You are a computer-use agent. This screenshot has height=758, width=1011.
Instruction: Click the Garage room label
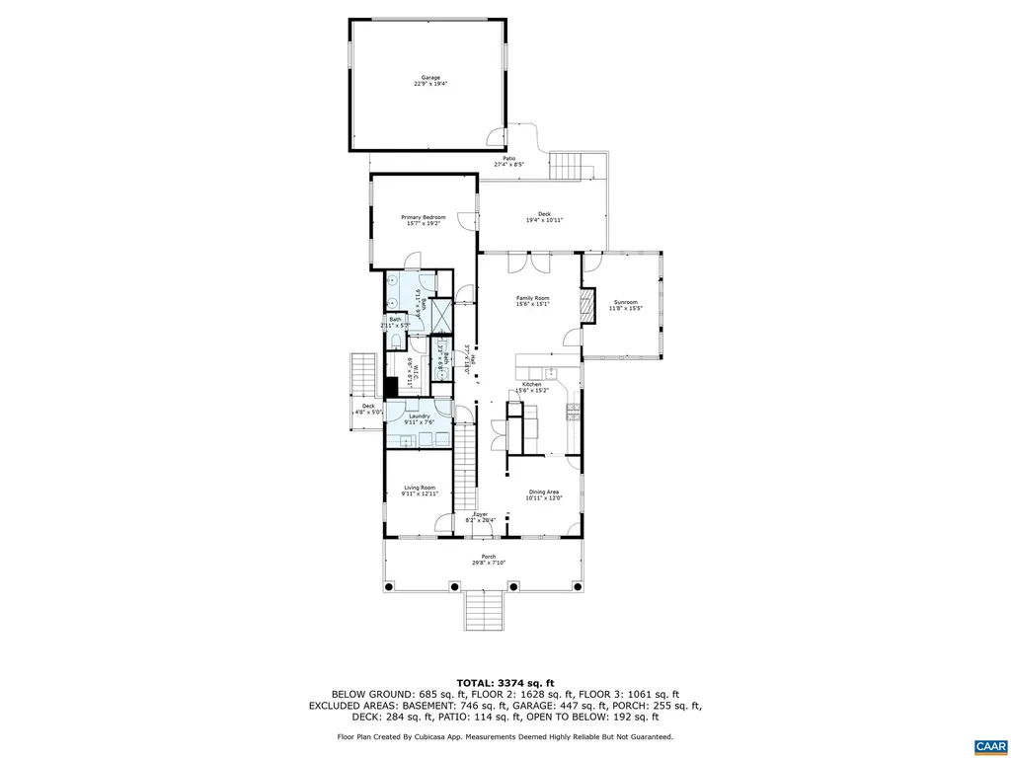coord(430,77)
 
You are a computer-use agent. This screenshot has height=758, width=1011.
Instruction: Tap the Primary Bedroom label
coord(423,217)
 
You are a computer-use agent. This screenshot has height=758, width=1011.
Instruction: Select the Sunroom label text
coord(626,302)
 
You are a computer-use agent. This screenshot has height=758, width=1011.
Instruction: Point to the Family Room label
coord(532,298)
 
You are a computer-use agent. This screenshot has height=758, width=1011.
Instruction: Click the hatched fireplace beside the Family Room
coord(589,306)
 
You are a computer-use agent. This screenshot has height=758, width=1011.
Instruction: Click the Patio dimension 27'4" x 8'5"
coord(508,165)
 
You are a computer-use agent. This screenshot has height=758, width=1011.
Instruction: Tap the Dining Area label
coord(544,492)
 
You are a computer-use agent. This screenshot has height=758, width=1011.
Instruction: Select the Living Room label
coord(420,488)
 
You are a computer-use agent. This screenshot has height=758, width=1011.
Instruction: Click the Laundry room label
coord(419,417)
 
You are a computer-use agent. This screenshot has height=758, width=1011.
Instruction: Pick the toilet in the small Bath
coord(394,341)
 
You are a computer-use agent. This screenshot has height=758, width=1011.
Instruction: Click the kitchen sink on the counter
coord(551,373)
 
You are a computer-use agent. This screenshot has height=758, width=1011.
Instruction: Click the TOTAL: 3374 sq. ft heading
coord(505,682)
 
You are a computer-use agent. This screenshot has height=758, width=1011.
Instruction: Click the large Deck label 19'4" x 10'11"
coord(544,217)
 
